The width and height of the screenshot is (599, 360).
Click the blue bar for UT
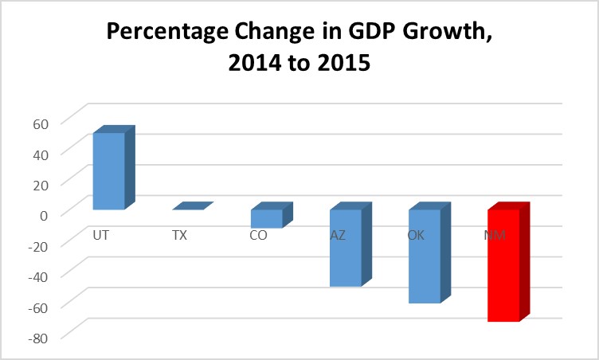pyautogui.click(x=109, y=170)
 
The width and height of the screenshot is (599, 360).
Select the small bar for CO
pyautogui.click(x=267, y=218)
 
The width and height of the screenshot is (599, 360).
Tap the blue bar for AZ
pyautogui.click(x=346, y=248)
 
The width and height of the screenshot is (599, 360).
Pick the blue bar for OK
pyautogui.click(x=425, y=256)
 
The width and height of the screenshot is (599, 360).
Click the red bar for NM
pyautogui.click(x=503, y=265)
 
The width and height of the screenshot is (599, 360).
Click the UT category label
pyautogui.click(x=101, y=236)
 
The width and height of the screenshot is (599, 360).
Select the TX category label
pyautogui.click(x=180, y=236)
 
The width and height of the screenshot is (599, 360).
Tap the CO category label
pyautogui.click(x=258, y=236)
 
